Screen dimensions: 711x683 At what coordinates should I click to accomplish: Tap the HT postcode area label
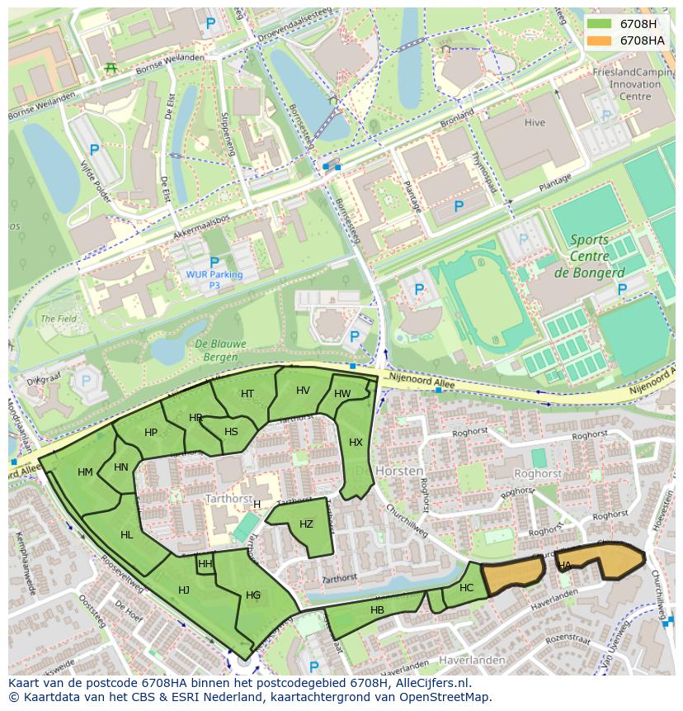point(247,394)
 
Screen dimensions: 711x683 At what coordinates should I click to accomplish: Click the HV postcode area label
point(303,391)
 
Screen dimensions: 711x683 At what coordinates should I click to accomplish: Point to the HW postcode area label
point(342,394)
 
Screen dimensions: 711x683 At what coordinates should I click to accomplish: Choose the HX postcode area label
point(356,443)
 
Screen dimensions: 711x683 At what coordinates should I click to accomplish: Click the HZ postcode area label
point(306,524)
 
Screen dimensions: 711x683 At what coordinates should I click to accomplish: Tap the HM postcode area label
point(85,472)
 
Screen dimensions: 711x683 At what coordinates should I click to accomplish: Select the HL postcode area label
point(126,535)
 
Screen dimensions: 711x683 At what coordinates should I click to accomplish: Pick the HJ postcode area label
point(184,590)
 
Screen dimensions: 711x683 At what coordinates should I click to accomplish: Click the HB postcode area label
point(377,610)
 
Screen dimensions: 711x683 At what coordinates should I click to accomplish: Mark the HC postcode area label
point(467,588)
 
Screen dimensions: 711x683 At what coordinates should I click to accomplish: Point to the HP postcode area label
point(151,433)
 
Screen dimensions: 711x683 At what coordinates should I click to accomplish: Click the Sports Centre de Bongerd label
point(589,256)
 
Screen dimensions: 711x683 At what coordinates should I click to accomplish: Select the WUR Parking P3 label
point(214,279)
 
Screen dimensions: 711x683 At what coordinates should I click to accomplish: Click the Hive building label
point(535,123)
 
